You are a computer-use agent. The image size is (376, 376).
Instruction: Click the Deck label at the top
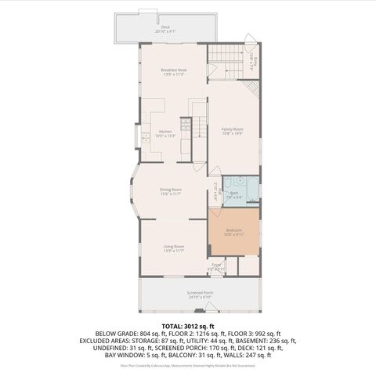coord(164,27)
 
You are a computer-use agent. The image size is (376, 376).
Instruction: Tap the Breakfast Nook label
coord(173,70)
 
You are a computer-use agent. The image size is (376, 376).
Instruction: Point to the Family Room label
coord(233,128)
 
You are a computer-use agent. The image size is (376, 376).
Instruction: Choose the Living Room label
coord(173,247)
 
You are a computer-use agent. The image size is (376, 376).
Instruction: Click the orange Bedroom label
coord(233,230)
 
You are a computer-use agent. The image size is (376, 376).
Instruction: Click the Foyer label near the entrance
coord(216,266)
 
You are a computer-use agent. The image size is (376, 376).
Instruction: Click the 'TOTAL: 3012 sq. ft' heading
coord(188,324)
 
